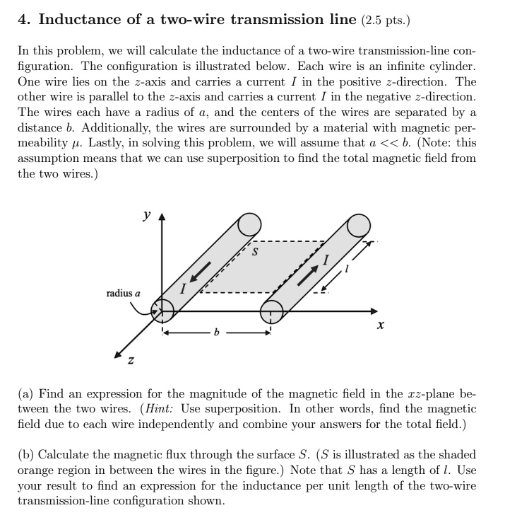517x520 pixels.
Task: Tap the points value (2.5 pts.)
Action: point(385,20)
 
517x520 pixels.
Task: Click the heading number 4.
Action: point(22,19)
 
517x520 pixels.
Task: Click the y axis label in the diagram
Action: point(145,214)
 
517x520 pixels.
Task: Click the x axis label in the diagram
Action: point(381,326)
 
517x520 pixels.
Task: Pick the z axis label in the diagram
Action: point(130,362)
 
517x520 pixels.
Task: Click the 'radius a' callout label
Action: point(124,293)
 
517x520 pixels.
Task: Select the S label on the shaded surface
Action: point(256,250)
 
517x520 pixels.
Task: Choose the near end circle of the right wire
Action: point(272,309)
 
